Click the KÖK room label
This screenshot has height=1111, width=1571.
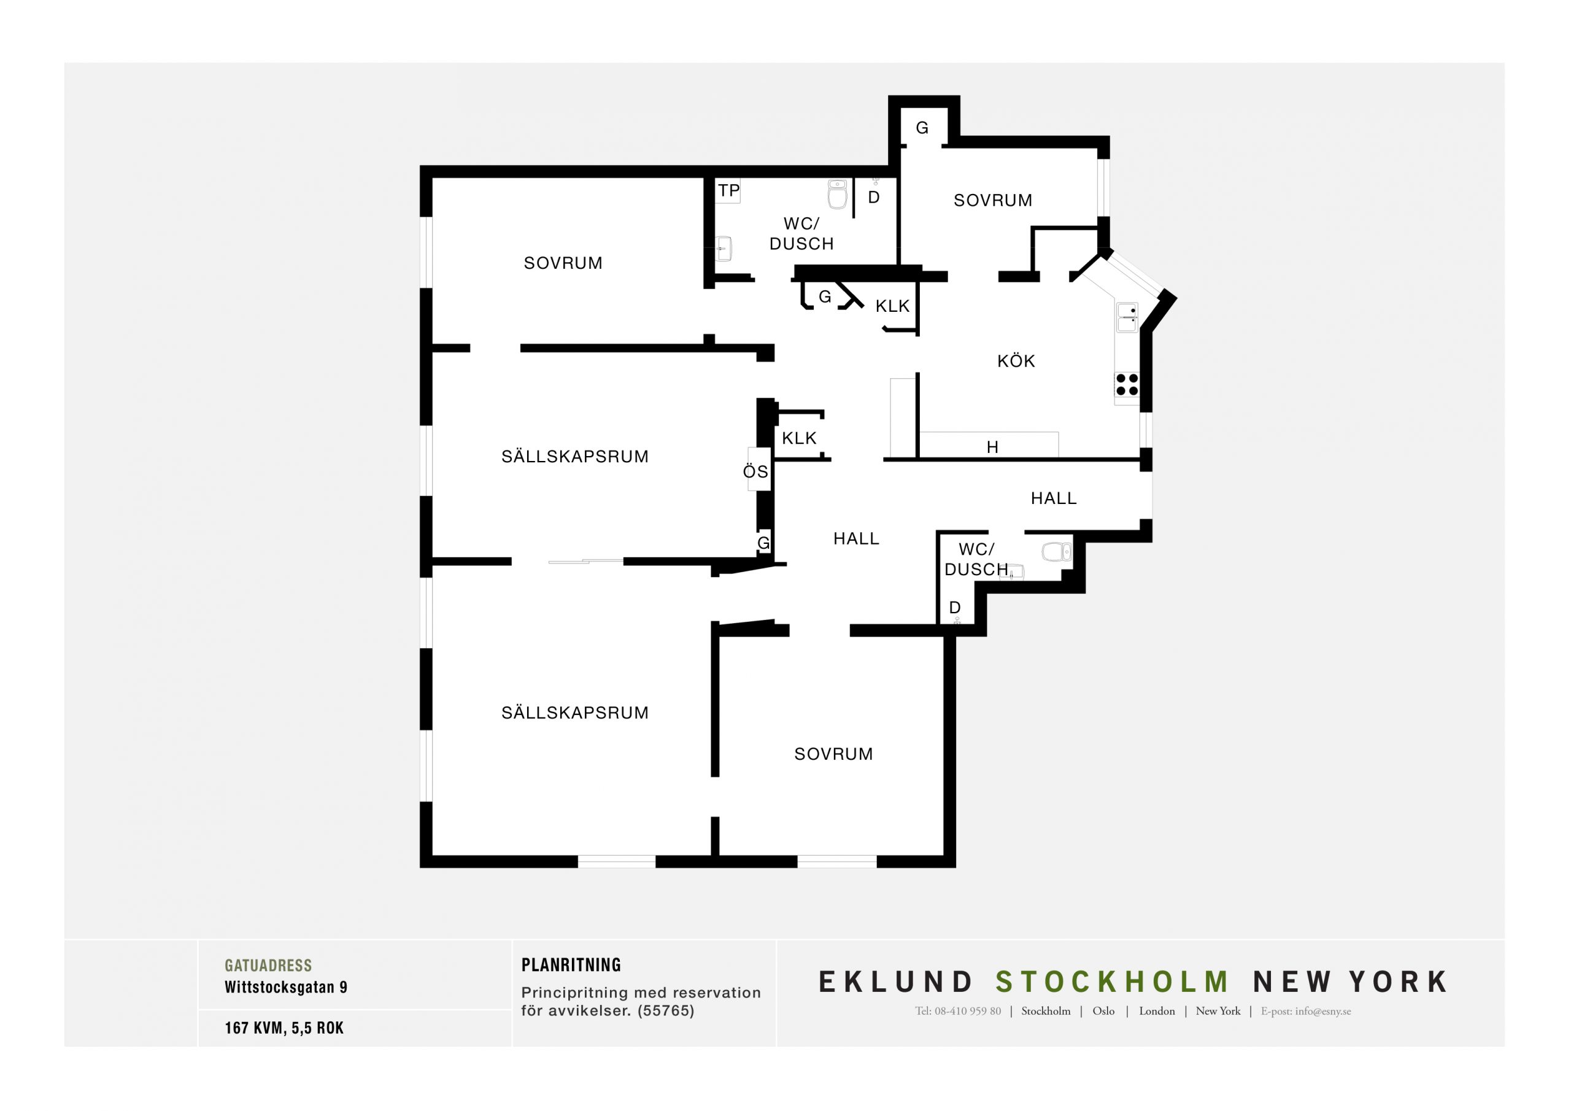[x=1016, y=361]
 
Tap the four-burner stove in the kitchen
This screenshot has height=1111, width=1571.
[x=1126, y=385]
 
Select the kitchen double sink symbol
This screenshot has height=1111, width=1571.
[x=1127, y=317]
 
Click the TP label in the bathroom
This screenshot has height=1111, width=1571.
[x=728, y=190]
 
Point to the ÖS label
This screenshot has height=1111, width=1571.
[x=755, y=471]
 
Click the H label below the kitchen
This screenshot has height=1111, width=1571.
[x=992, y=447]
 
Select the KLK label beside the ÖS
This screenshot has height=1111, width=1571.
[x=799, y=438]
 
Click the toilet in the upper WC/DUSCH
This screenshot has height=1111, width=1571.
[x=838, y=194]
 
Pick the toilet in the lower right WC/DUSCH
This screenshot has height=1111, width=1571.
[x=1057, y=552]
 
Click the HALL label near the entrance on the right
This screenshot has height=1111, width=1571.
[x=1054, y=498]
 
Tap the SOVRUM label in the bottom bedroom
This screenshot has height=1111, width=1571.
[x=833, y=754]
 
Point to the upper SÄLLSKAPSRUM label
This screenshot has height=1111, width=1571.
[x=575, y=456]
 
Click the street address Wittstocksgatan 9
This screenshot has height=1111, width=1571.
[x=286, y=987]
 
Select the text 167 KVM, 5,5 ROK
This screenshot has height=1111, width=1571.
[x=284, y=1028]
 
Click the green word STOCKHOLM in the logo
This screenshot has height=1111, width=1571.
[x=1113, y=981]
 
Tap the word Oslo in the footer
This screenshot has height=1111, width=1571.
[x=1103, y=1011]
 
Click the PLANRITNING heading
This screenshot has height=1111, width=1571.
[x=571, y=965]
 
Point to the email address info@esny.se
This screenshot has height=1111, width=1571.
[x=1322, y=1011]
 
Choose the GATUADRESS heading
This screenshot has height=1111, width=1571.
[x=268, y=965]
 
